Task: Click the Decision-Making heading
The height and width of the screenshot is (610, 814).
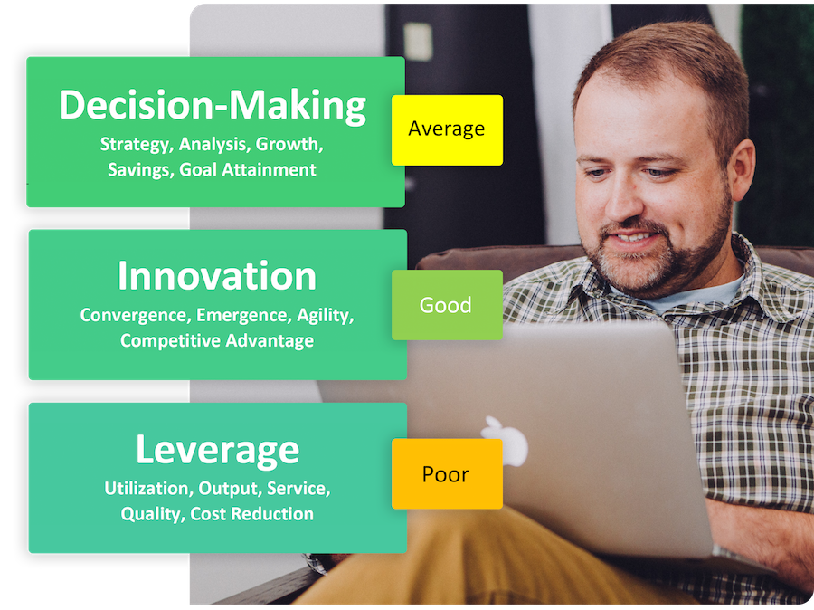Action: pos(213,106)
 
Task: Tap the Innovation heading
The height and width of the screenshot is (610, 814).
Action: pos(217,275)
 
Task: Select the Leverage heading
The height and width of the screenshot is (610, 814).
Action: pos(217,450)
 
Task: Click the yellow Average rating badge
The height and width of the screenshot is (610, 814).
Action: pos(447,130)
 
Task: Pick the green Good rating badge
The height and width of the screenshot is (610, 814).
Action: pos(447,305)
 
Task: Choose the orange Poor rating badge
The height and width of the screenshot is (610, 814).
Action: pos(447,474)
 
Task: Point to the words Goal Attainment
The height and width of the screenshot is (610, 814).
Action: pos(248,170)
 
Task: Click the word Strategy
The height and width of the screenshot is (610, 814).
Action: pos(136,145)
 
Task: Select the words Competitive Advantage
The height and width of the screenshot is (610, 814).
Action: pos(217,341)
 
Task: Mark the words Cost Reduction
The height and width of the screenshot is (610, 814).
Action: pos(251,514)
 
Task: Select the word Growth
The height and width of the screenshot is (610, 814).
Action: pos(289,144)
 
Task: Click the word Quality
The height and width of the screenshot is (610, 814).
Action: pos(153,514)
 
